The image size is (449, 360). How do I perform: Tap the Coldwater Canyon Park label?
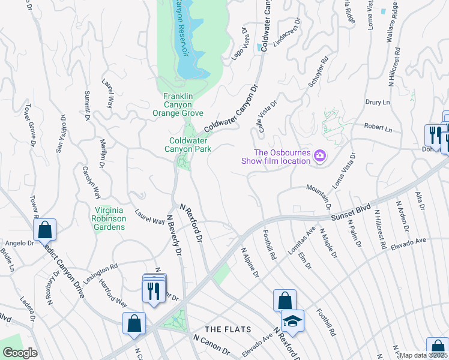coord(188,145)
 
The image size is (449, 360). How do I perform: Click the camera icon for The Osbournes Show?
coord(320,156)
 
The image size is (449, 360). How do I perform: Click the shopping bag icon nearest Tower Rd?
coord(44,229)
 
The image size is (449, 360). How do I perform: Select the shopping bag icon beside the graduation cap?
coord(285,301)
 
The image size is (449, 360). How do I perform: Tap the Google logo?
coord(20,353)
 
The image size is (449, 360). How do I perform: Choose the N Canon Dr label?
coord(211,345)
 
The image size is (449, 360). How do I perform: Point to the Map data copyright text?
coord(424,355)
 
